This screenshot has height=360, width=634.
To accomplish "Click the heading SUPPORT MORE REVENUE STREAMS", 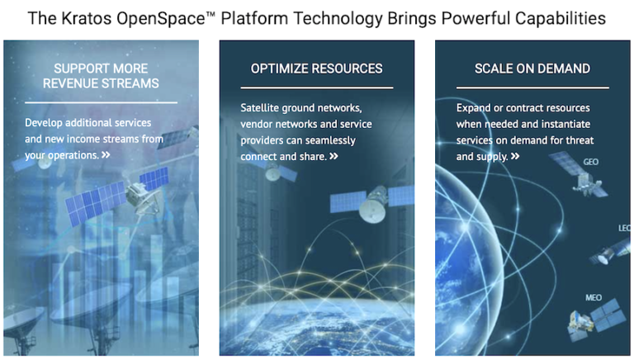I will pos(101,75).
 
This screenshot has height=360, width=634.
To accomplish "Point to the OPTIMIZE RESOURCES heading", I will pos(317,68).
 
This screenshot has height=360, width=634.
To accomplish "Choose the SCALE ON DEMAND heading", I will pos(532,68).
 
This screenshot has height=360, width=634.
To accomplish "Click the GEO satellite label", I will pos(590,163).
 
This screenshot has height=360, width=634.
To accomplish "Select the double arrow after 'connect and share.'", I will pos(334,156).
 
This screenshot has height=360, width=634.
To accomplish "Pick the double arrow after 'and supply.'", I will pos(515,156).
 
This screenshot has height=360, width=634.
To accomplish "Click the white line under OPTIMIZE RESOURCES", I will pos(317,87).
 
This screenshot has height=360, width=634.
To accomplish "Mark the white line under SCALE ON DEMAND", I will pos(532,87).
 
